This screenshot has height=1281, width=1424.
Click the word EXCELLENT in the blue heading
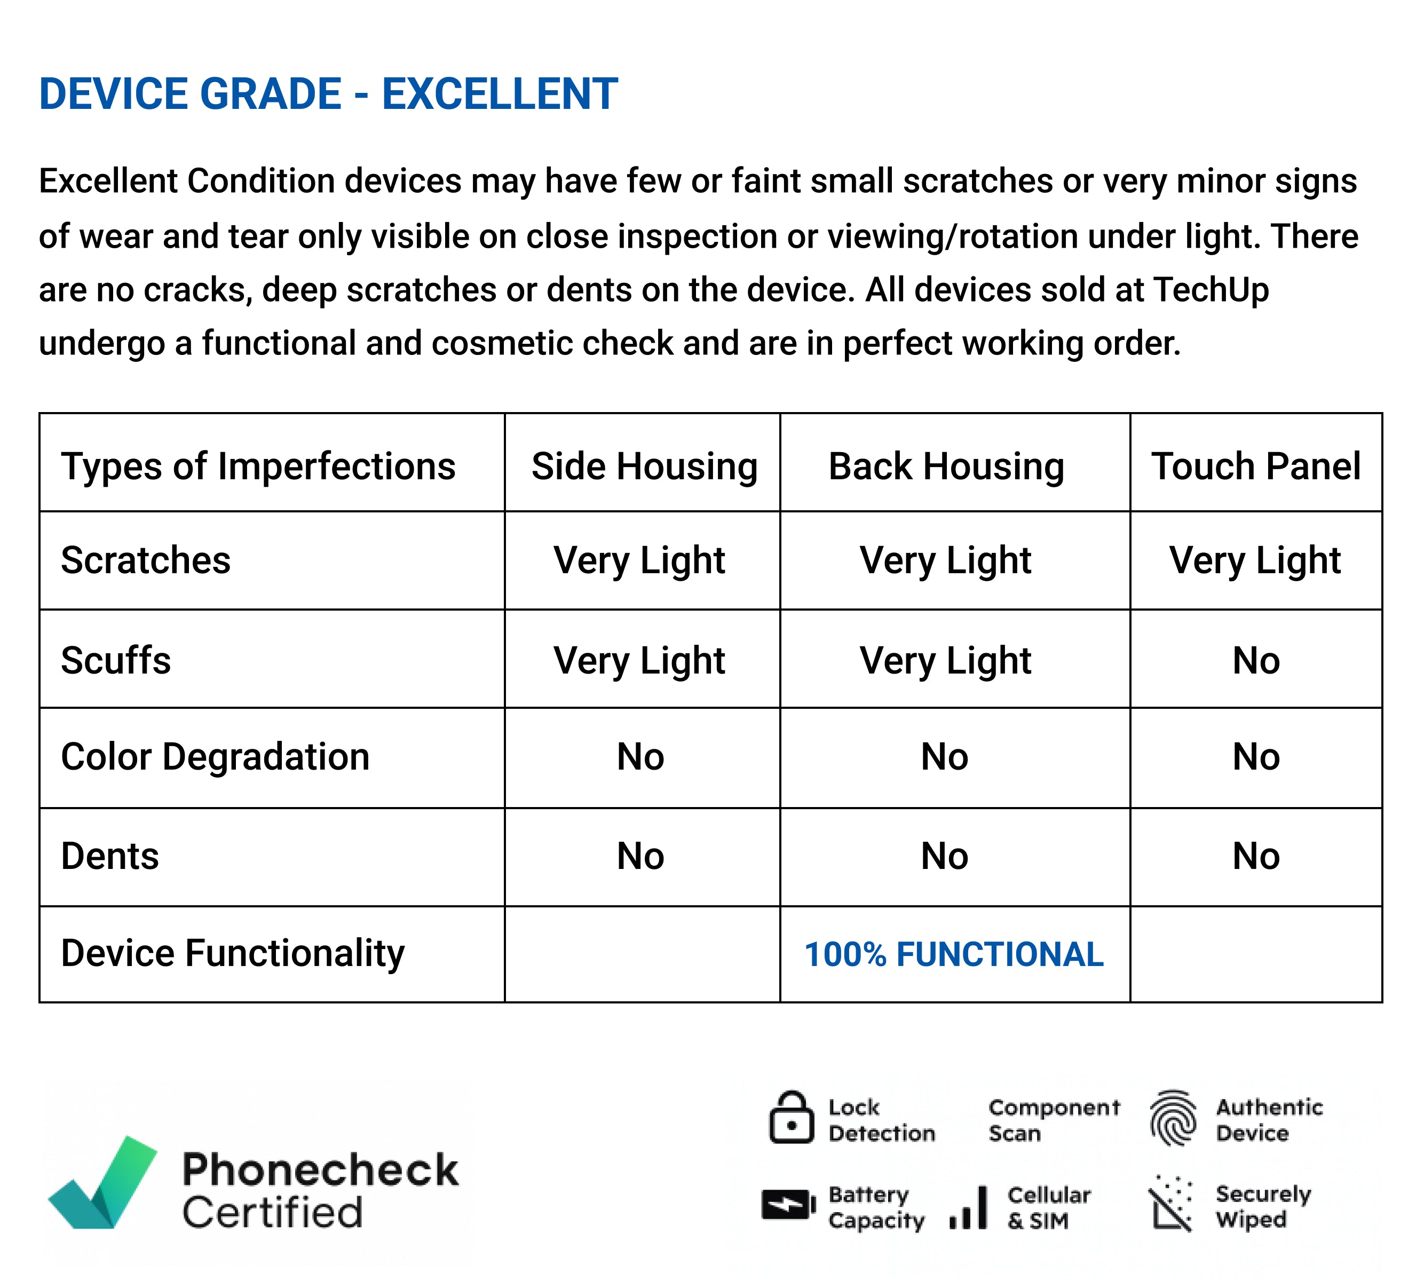tap(500, 93)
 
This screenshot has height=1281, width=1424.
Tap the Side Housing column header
tap(644, 466)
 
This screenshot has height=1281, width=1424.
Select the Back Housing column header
tap(946, 466)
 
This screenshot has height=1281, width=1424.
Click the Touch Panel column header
tap(1256, 466)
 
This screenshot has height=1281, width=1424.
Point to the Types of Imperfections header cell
tap(258, 466)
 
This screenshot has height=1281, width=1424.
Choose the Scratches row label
tap(146, 560)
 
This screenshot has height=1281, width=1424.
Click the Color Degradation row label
tap(216, 757)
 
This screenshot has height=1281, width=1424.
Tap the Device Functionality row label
tap(233, 954)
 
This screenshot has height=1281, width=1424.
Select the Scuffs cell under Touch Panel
tap(1256, 660)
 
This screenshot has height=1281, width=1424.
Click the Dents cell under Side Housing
tap(640, 856)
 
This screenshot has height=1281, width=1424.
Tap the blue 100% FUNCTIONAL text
tap(954, 954)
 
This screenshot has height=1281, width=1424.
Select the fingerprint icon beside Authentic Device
tap(1173, 1118)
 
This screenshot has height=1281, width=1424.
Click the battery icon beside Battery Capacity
tap(788, 1205)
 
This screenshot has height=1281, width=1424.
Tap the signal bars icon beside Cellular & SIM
tap(969, 1208)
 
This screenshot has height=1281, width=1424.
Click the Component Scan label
tap(1054, 1120)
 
